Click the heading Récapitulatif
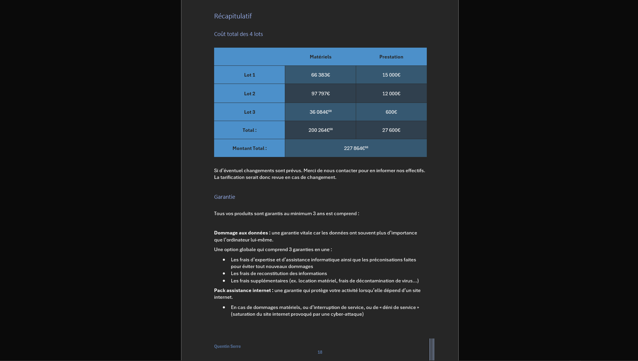pyautogui.click(x=233, y=16)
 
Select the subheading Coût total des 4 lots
pyautogui.click(x=238, y=34)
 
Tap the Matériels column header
pyautogui.click(x=320, y=57)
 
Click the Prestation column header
pyautogui.click(x=391, y=57)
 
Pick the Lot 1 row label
pyautogui.click(x=249, y=75)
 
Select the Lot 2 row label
pyautogui.click(x=249, y=94)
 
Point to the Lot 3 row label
pyautogui.click(x=249, y=112)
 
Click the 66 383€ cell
pyautogui.click(x=320, y=75)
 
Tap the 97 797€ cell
pyautogui.click(x=320, y=94)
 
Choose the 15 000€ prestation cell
pyautogui.click(x=391, y=75)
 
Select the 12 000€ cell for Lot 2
pyautogui.click(x=391, y=94)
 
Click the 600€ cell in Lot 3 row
pyautogui.click(x=391, y=112)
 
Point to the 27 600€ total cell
pyautogui.click(x=391, y=130)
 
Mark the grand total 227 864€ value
pyautogui.click(x=356, y=148)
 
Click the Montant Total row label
pyautogui.click(x=249, y=148)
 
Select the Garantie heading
pyautogui.click(x=224, y=197)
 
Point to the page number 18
pyautogui.click(x=320, y=353)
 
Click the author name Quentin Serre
pyautogui.click(x=227, y=346)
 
